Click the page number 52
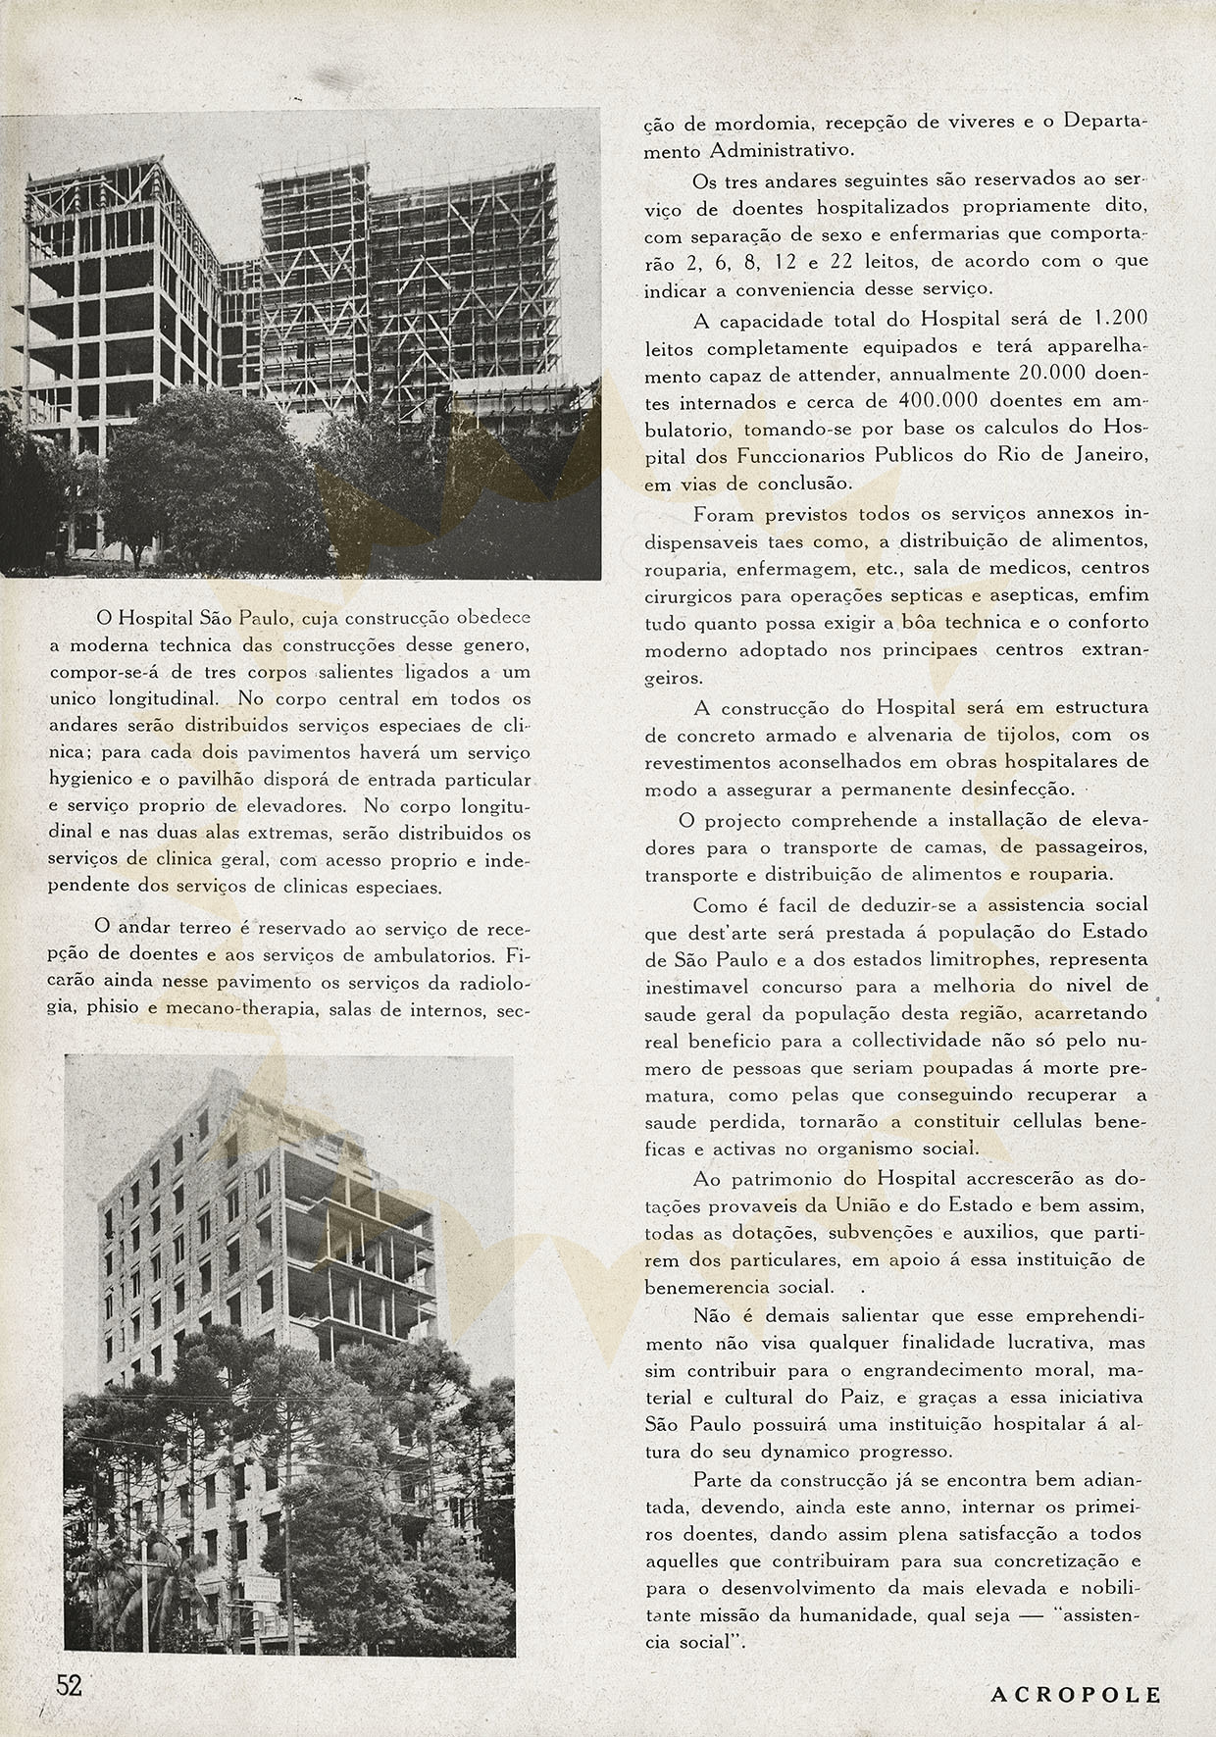(x=69, y=1685)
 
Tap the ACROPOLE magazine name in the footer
(x=1075, y=1695)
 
